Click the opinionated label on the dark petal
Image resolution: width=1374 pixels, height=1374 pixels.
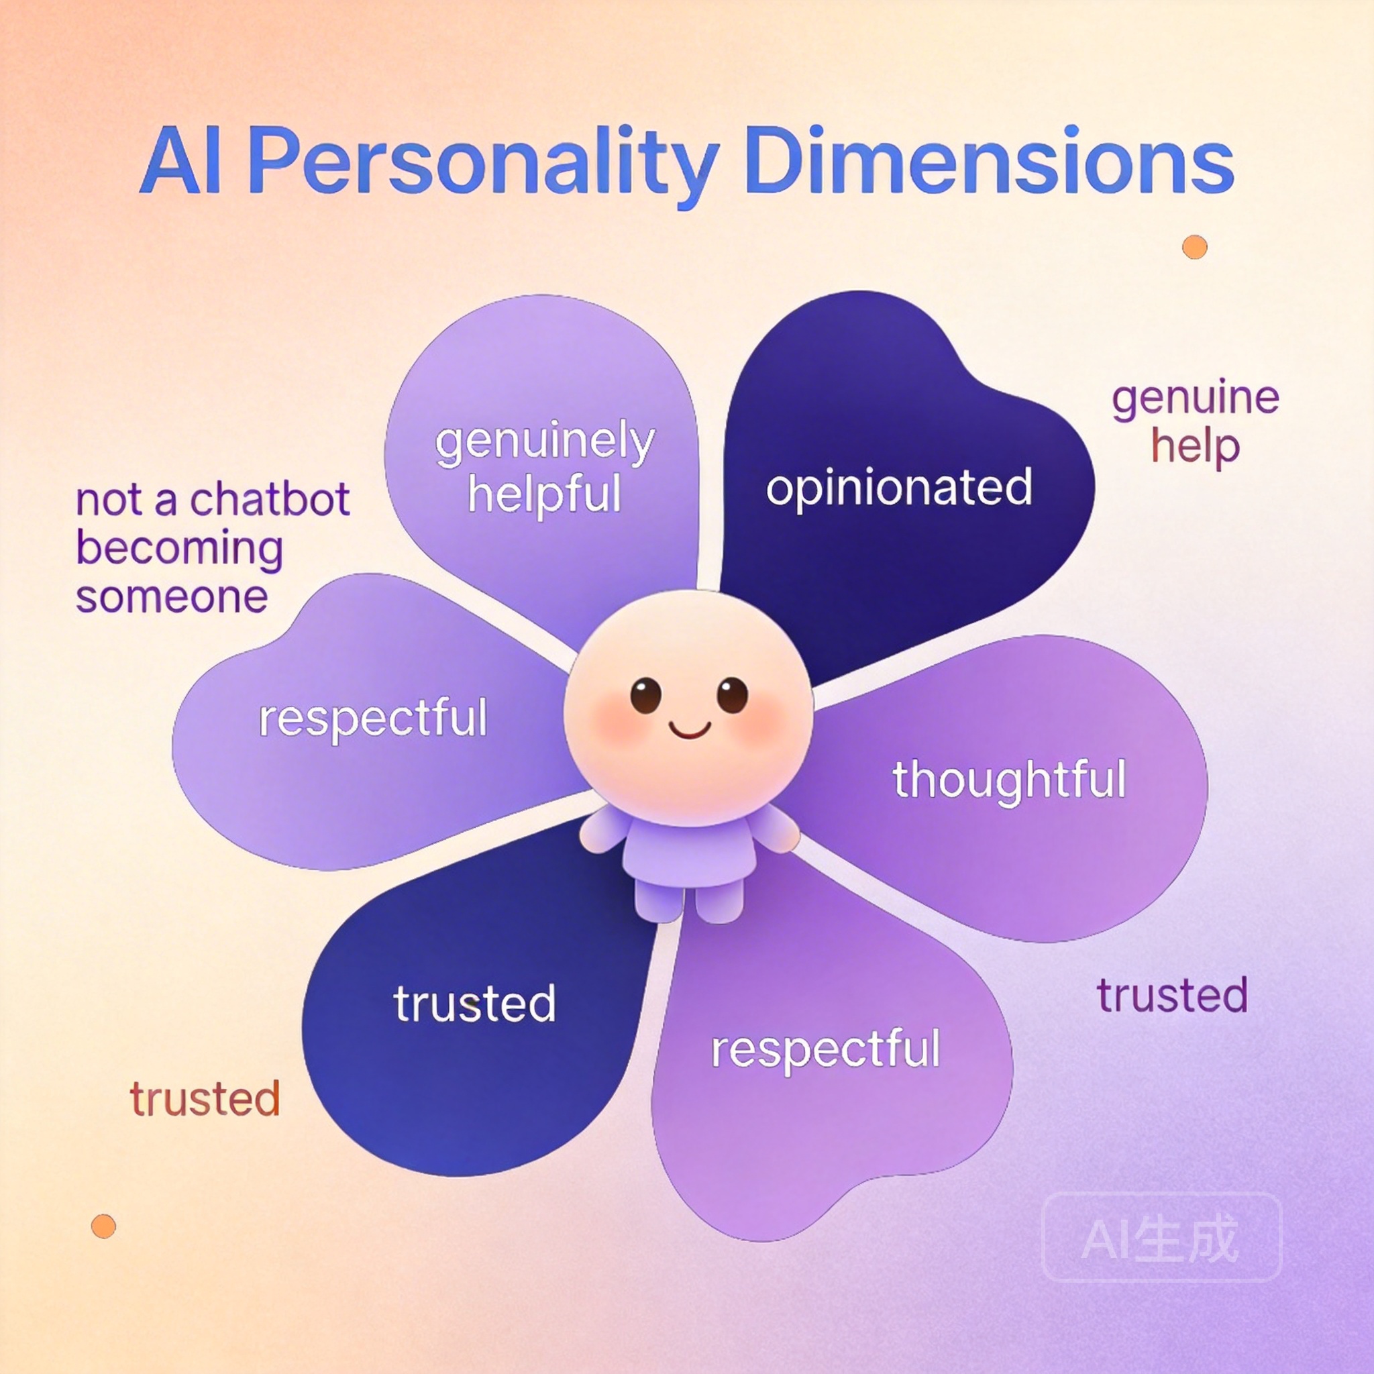(x=899, y=488)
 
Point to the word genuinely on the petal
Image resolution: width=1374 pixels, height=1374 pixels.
(x=545, y=442)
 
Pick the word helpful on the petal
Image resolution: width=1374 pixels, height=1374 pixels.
(x=545, y=494)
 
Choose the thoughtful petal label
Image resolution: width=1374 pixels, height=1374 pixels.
(x=1009, y=780)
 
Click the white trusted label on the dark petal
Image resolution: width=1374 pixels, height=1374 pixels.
(x=474, y=1004)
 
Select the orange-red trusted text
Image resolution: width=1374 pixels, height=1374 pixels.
(x=205, y=1099)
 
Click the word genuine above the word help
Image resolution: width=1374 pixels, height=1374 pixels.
(x=1196, y=399)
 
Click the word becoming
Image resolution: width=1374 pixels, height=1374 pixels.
(x=179, y=549)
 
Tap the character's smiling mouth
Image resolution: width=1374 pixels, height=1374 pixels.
(x=689, y=730)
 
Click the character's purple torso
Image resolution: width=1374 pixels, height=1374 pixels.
(x=688, y=853)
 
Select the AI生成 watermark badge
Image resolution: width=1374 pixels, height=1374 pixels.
(x=1161, y=1236)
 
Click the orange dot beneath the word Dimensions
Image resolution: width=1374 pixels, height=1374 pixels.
(x=1195, y=248)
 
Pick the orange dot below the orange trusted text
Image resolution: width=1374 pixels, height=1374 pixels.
(x=104, y=1226)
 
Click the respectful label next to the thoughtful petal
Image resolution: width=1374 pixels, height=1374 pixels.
(x=825, y=1049)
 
